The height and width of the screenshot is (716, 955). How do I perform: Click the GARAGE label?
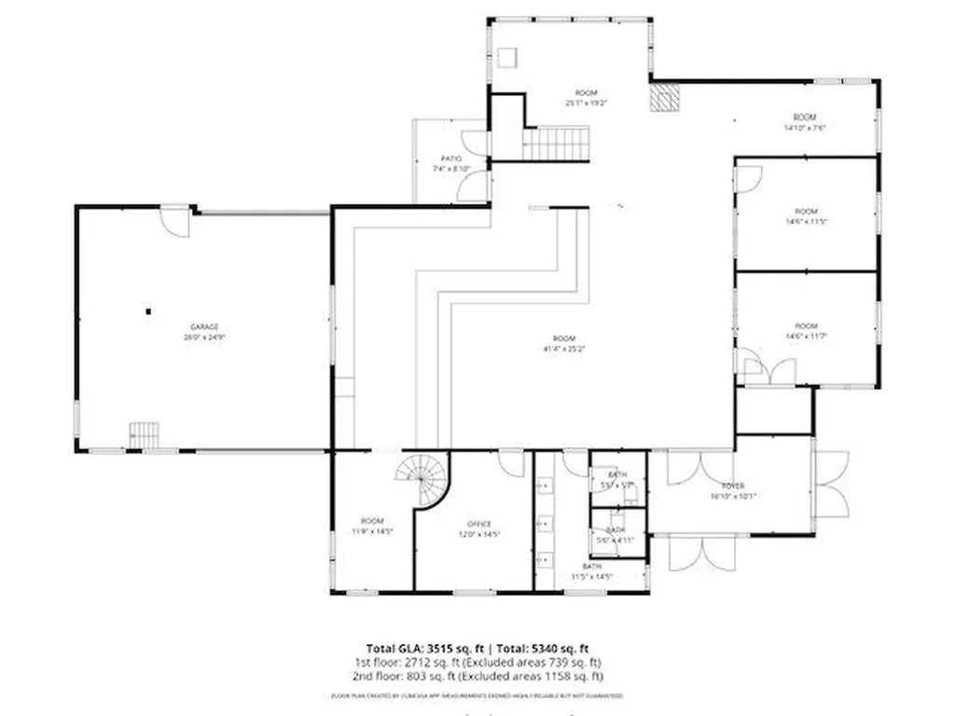[204, 326]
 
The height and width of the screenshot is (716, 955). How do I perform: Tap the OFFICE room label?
[479, 524]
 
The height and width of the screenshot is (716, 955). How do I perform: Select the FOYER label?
[732, 486]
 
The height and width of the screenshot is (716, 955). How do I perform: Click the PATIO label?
[451, 158]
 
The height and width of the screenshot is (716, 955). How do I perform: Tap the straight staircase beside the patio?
[556, 145]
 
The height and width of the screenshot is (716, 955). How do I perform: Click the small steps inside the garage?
[145, 435]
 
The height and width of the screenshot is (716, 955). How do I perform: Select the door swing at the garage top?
[174, 219]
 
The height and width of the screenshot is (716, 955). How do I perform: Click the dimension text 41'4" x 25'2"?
[563, 349]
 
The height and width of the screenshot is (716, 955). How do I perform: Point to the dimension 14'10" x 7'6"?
[806, 128]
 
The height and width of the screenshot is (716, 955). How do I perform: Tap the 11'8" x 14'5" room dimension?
[372, 531]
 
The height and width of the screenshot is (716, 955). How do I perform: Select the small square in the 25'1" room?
[507, 58]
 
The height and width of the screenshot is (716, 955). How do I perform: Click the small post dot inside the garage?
[147, 311]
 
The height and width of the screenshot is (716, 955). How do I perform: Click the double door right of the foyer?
[831, 483]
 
